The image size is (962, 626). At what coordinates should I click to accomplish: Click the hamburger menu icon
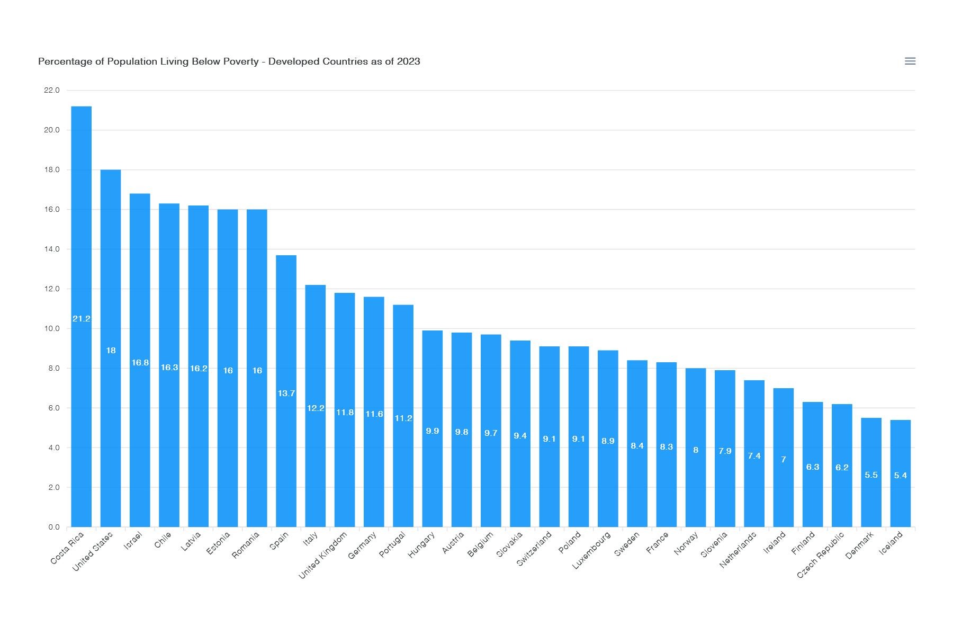[x=910, y=61]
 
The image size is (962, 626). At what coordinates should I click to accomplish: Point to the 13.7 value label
[x=286, y=394]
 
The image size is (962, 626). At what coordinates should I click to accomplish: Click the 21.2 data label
[x=81, y=319]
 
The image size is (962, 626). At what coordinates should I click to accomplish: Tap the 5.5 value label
[x=871, y=475]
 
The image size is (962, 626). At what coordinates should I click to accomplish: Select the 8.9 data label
[x=608, y=441]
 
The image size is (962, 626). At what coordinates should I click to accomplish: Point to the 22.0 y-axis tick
[x=52, y=91]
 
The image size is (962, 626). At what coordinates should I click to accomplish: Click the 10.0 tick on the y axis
[x=52, y=329]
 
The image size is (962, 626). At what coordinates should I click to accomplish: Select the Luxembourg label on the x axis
[x=592, y=550]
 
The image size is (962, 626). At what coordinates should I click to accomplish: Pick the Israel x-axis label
[x=133, y=541]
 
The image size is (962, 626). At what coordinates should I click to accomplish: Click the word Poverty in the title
[x=239, y=61]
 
